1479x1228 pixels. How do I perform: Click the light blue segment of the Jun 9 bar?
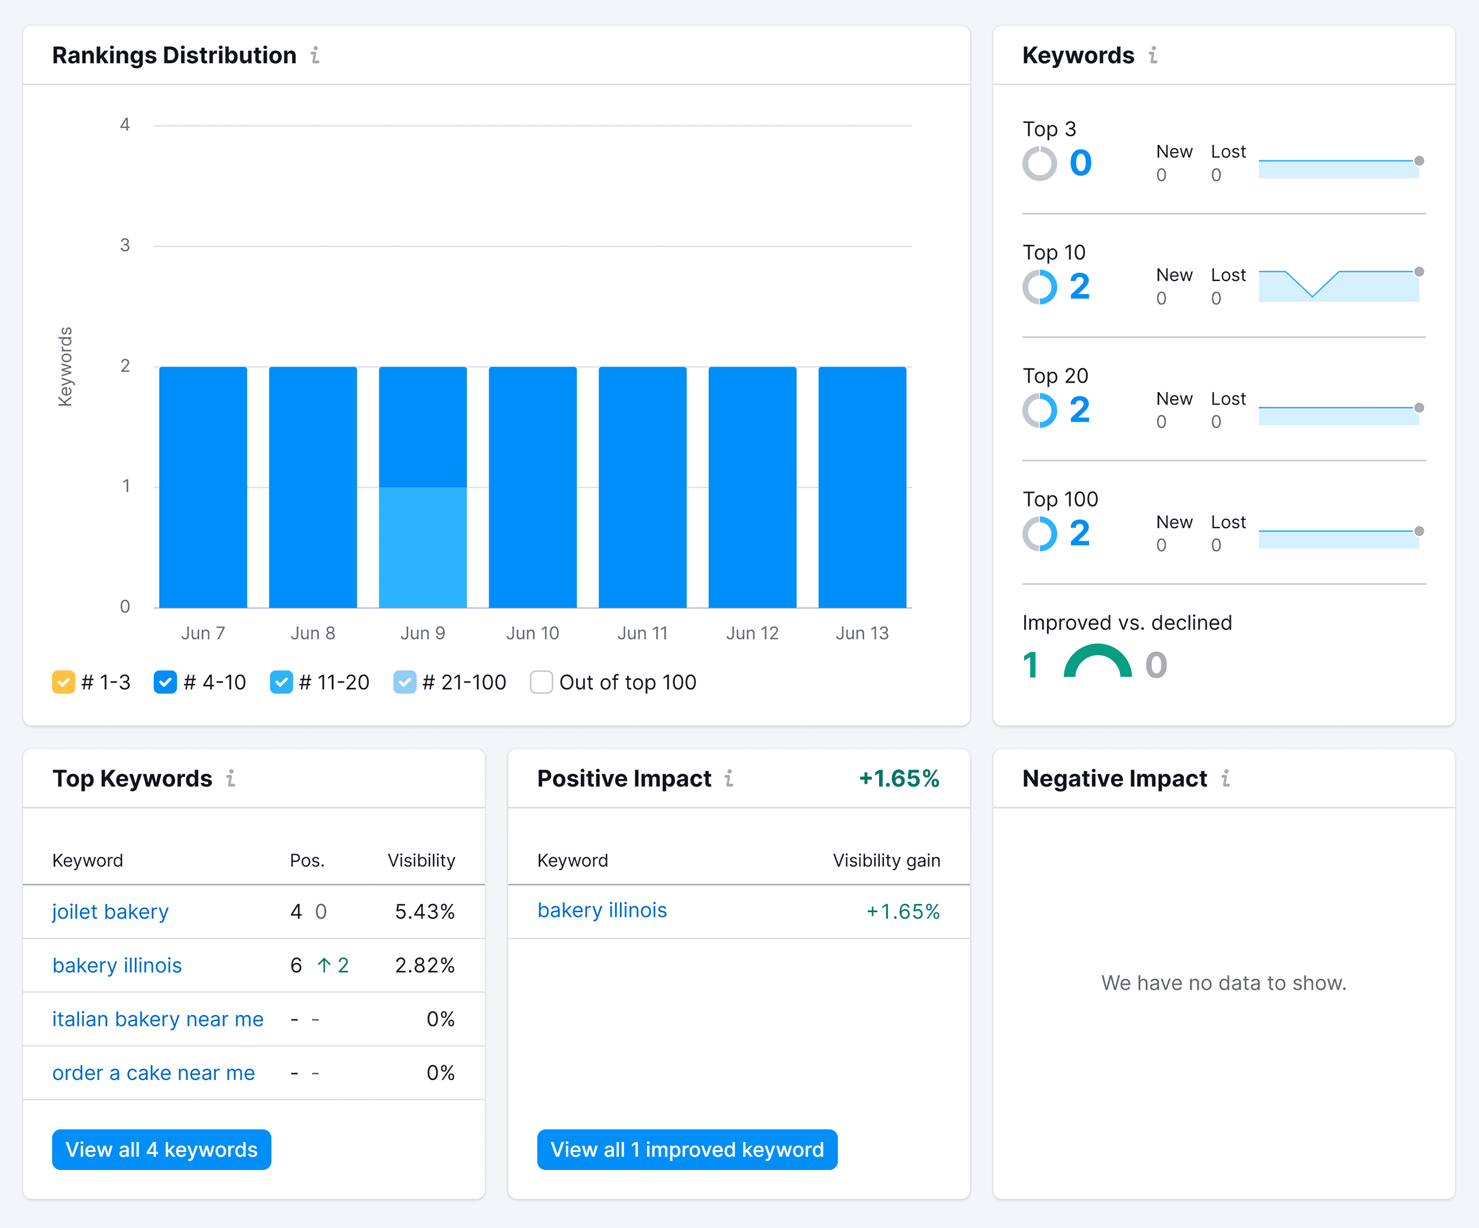422,547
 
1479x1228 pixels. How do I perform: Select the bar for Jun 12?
752,487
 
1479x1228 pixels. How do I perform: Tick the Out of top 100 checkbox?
541,682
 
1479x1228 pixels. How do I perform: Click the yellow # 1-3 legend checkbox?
63,682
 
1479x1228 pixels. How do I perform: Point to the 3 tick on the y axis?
125,245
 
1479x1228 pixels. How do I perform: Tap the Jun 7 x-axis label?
203,633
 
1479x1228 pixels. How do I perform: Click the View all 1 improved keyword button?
687,1149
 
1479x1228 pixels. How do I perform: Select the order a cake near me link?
154,1072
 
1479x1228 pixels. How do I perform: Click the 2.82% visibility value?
425,965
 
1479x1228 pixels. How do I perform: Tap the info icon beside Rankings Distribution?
315,55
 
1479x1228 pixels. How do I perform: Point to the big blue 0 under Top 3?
1080,163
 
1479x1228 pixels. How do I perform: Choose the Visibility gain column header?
886,861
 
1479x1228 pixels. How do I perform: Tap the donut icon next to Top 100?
1039,534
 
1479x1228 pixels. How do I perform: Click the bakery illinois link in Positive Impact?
602,910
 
